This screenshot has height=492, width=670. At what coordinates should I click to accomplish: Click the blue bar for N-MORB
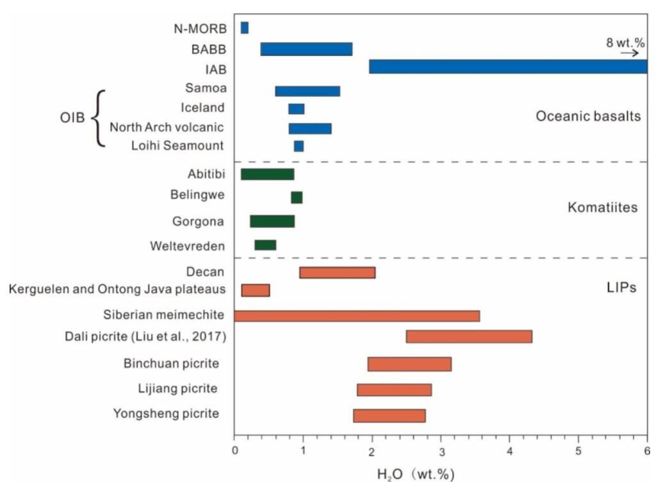[245, 28]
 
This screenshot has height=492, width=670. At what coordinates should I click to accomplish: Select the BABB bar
[306, 49]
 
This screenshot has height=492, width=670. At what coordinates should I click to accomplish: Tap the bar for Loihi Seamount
[298, 146]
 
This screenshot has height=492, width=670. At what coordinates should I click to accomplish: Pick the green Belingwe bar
[297, 197]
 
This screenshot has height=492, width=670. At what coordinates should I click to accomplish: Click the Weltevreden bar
[265, 245]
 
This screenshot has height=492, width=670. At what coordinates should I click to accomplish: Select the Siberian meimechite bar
[357, 316]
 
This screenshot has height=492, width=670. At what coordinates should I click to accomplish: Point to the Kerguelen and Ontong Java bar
[256, 290]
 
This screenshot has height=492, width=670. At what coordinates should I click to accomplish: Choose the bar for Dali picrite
[469, 336]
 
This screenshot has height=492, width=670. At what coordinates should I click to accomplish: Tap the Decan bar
[338, 273]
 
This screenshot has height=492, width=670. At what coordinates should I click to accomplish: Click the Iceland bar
[296, 109]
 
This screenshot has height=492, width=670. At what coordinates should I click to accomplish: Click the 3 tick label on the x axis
[441, 452]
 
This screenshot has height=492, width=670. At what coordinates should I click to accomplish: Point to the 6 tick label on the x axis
[648, 451]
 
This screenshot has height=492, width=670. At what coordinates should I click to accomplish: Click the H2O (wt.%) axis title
[415, 474]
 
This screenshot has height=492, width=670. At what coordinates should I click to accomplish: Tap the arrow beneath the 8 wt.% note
[630, 53]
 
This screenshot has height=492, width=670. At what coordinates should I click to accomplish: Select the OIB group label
[72, 117]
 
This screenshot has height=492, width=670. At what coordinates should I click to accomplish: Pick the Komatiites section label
[603, 208]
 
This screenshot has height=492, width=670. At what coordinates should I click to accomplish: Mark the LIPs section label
[621, 287]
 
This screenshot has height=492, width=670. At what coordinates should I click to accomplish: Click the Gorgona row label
[198, 222]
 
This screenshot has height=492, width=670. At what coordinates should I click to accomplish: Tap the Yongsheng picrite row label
[166, 414]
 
